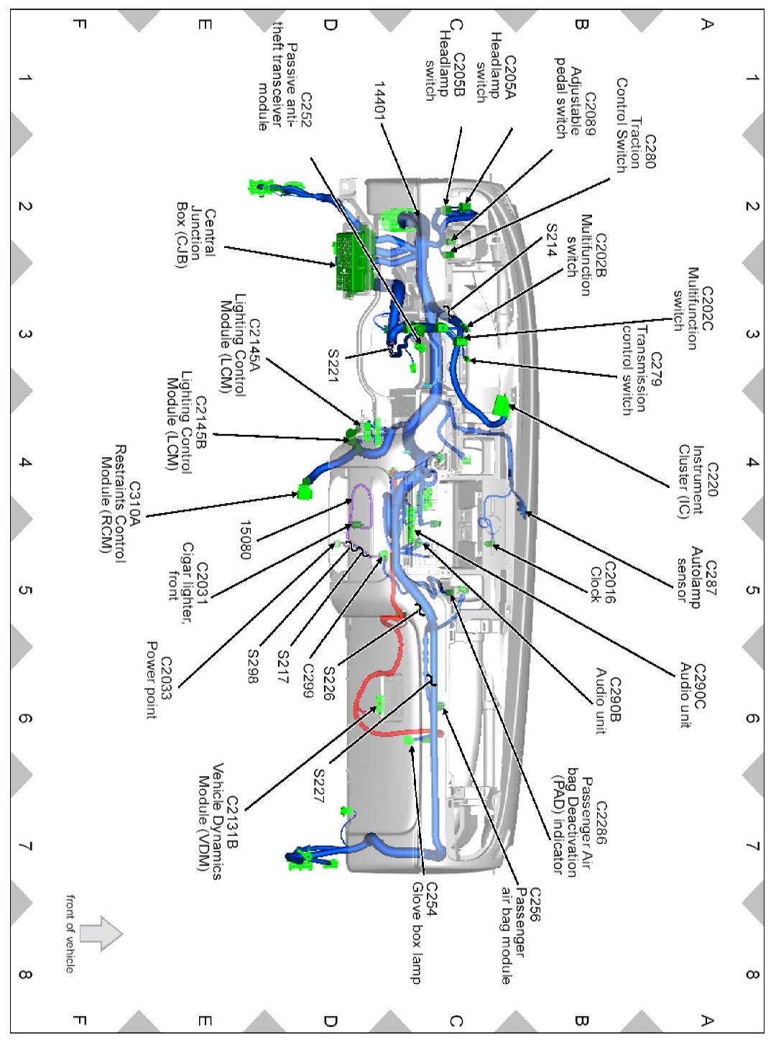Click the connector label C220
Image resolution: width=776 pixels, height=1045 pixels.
(x=711, y=479)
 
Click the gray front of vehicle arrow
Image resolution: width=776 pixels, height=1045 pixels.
(x=100, y=934)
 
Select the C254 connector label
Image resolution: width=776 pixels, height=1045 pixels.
(x=431, y=899)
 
